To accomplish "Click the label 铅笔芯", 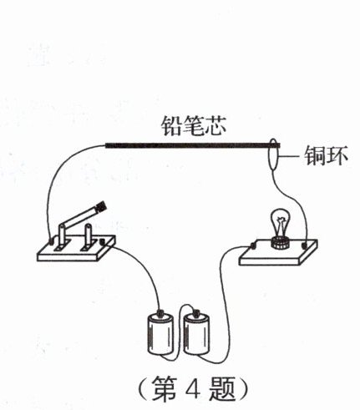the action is (x=194, y=126).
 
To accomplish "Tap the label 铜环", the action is (x=326, y=155).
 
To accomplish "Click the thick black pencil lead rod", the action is (x=192, y=145).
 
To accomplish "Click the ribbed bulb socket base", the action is (x=281, y=243).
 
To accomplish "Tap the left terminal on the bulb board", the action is (x=253, y=245).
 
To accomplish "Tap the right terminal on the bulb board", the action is (x=305, y=245).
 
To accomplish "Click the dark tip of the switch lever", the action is (x=101, y=207).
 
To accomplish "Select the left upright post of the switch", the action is (x=62, y=235).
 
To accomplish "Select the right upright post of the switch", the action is (x=88, y=235).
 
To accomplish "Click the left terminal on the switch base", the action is (x=51, y=240).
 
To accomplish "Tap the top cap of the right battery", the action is (x=196, y=312).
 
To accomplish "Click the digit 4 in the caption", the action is (x=193, y=389).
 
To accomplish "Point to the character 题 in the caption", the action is (x=222, y=389).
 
